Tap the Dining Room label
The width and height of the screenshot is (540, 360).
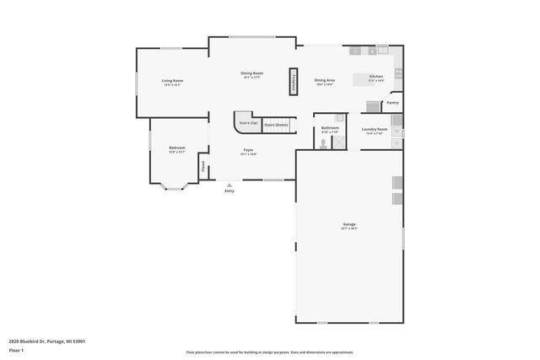click(x=252, y=73)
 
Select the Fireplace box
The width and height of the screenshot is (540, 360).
click(x=294, y=79)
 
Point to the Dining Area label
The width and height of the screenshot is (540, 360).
click(x=324, y=80)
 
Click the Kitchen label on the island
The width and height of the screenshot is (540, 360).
click(x=376, y=77)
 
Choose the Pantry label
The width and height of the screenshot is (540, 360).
click(x=392, y=103)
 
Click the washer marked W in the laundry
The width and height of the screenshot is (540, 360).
click(x=397, y=131)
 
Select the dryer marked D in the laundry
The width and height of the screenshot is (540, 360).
click(x=397, y=143)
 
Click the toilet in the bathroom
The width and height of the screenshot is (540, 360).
click(x=323, y=143)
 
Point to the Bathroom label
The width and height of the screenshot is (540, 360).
click(x=330, y=128)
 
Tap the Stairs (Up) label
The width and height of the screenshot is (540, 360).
click(x=248, y=123)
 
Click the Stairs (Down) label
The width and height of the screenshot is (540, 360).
click(x=276, y=125)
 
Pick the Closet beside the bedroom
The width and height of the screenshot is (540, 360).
click(x=202, y=167)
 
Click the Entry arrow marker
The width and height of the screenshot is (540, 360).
click(x=229, y=185)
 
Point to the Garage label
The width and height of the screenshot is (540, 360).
click(x=348, y=224)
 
